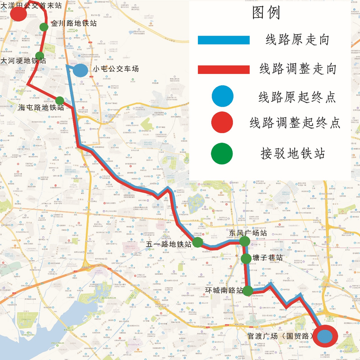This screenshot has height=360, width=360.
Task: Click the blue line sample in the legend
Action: [x=223, y=40]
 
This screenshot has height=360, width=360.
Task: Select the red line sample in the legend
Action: [x=223, y=70]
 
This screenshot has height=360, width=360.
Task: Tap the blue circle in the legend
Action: [x=223, y=97]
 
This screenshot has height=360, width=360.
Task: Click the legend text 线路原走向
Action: [x=297, y=40]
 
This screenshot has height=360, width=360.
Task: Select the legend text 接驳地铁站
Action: [x=292, y=153]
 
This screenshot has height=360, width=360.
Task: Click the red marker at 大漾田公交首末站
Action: [x=18, y=14]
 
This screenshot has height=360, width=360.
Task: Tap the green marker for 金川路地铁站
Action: [x=44, y=27]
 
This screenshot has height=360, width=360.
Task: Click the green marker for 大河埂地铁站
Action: [x=40, y=55]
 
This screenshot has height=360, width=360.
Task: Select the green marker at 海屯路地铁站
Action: [x=60, y=100]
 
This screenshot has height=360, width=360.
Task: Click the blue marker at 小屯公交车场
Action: [x=80, y=71]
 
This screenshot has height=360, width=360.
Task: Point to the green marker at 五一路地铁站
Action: [x=198, y=243]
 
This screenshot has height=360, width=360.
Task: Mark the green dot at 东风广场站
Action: [x=244, y=242]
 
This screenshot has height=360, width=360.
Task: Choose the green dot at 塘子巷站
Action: [x=246, y=258]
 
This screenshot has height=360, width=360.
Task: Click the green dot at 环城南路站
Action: [x=247, y=290]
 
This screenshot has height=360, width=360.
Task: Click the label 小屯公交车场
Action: [x=116, y=69]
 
